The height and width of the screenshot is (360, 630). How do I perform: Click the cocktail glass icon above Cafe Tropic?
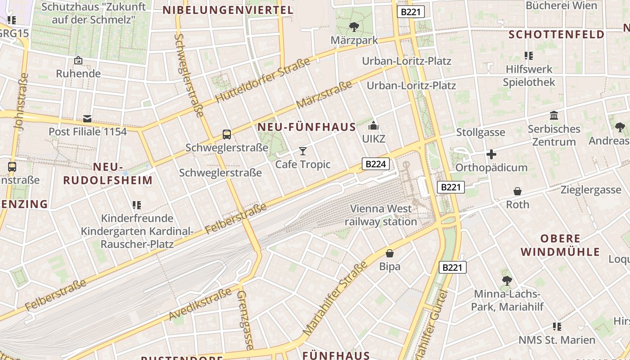(x=303, y=151)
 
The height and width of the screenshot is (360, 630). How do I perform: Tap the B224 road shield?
(x=375, y=164)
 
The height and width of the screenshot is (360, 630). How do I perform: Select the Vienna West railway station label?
(x=381, y=215)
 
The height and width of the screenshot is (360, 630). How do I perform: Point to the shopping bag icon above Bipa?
(x=390, y=253)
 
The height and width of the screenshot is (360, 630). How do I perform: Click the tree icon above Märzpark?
(x=354, y=27)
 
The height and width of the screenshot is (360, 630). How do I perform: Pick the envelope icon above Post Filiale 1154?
(x=87, y=119)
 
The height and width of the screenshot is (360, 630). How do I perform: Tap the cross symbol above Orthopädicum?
(x=491, y=155)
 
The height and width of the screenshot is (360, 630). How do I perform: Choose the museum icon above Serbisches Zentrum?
(x=554, y=116)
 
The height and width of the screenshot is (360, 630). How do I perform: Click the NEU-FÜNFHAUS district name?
(x=307, y=127)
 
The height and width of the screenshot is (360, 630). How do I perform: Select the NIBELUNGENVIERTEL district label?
(x=228, y=10)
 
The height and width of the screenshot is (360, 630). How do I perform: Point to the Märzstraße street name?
(x=324, y=95)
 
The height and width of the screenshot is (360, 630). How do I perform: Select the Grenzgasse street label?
(x=245, y=319)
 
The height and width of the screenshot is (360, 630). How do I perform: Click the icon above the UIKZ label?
(x=373, y=126)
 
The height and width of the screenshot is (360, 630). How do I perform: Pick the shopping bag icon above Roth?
(x=517, y=191)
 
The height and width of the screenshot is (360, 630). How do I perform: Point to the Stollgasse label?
(x=481, y=132)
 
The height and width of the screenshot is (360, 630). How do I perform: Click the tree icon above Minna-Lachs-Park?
(x=507, y=281)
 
